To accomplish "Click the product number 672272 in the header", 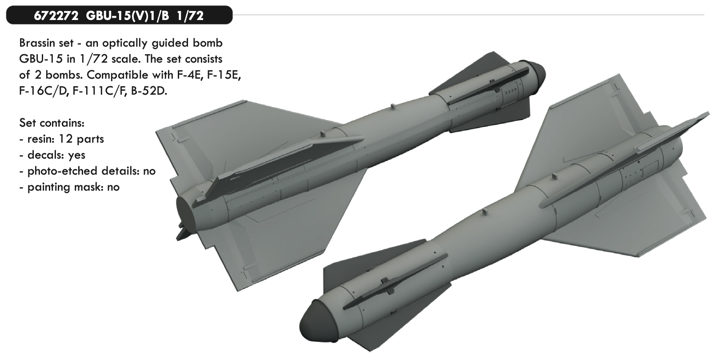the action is pos(56,16).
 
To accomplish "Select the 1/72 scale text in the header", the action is pos(190,16).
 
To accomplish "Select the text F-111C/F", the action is pos(100,91).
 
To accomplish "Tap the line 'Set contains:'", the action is pos(52,123).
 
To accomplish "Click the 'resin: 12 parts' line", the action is pos(61,139).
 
